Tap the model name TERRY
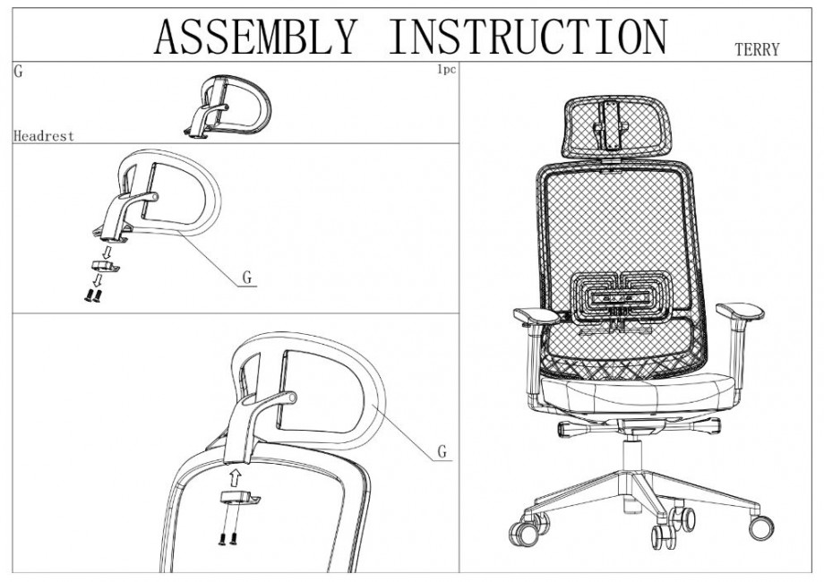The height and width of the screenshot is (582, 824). click(757, 50)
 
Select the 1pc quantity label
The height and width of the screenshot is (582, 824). click(445, 69)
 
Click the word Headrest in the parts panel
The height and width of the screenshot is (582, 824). click(44, 136)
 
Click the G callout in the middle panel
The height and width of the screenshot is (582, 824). click(247, 278)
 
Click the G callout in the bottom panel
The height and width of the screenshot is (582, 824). click(442, 451)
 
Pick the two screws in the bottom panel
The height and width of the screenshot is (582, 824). click(227, 539)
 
